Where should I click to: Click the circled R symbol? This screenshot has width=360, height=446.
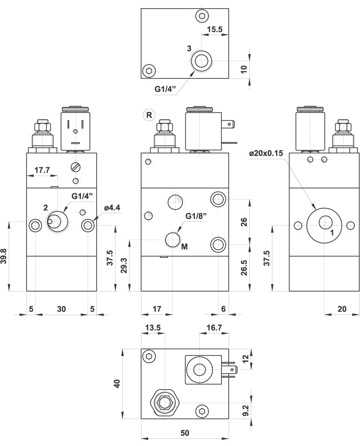[x=149, y=115]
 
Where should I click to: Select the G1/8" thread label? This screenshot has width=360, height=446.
[x=196, y=216]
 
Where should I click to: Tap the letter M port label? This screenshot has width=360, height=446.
[x=184, y=247]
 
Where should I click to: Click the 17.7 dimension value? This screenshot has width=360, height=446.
[x=42, y=170]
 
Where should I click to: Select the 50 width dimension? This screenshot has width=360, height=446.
[x=184, y=433]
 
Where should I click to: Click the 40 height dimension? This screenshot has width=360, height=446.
[x=117, y=383]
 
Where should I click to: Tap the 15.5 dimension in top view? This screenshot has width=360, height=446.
[x=215, y=29]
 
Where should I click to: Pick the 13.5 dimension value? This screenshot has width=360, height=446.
[x=153, y=328]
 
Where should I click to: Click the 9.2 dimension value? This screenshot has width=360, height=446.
[x=245, y=410]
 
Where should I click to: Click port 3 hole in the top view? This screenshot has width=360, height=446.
[x=201, y=61]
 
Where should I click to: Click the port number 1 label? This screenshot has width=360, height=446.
[x=332, y=233]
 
